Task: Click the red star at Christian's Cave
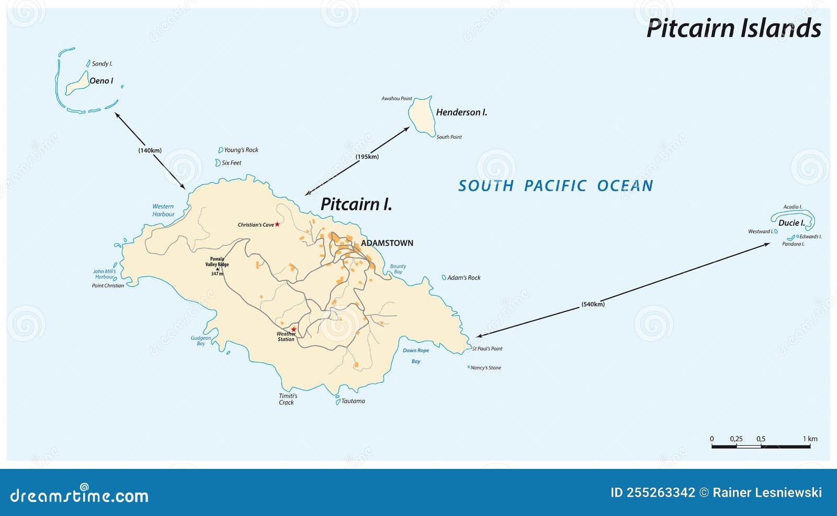point(277,225)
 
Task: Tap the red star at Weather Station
point(293,329)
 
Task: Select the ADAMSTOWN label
point(387,243)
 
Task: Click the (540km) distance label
point(593,304)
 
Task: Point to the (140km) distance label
point(150,150)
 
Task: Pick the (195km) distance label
point(367,156)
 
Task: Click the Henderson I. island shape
point(421,116)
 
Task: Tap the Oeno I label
point(101,81)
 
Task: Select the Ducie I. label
point(791,223)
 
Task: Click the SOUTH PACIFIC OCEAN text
point(556,186)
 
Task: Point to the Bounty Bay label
point(398,269)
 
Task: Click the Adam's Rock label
point(463,278)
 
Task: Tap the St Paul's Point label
point(487,349)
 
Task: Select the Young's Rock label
point(241,150)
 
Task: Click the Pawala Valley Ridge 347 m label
point(217,266)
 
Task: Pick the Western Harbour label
point(163,210)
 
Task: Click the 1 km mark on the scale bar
point(810,439)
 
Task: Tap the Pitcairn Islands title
point(733,28)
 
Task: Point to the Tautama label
point(353,401)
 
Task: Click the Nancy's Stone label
point(485,368)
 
